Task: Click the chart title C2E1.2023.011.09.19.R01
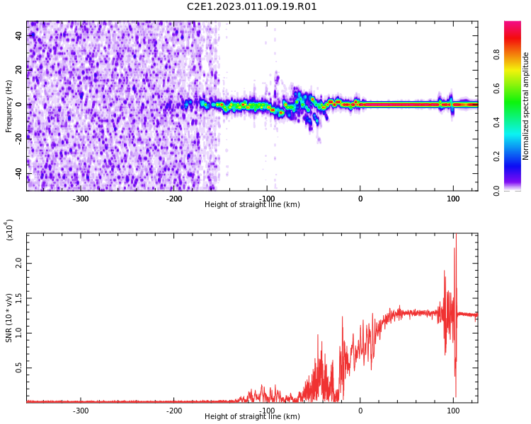pyautogui.click(x=252, y=7)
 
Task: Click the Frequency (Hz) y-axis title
pyautogui.click(x=9, y=106)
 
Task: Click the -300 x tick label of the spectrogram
pyautogui.click(x=81, y=199)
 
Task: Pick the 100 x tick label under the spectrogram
pyautogui.click(x=453, y=199)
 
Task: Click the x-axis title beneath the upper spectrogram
pyautogui.click(x=252, y=205)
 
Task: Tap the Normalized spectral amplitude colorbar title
pyautogui.click(x=526, y=106)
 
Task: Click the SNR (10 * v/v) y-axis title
pyautogui.click(x=9, y=318)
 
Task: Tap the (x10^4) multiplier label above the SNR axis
pyautogui.click(x=10, y=230)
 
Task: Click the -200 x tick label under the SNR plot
pyautogui.click(x=174, y=411)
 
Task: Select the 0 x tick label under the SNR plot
pyautogui.click(x=360, y=411)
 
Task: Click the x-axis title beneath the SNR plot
pyautogui.click(x=252, y=417)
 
